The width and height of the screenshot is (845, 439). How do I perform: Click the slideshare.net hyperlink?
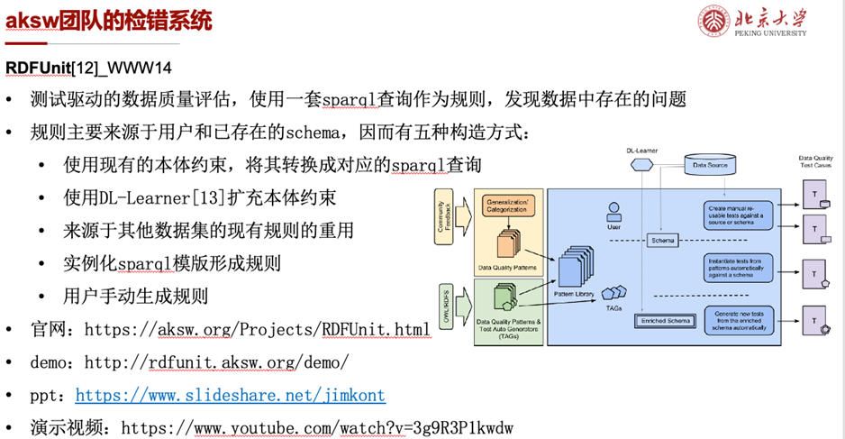230,395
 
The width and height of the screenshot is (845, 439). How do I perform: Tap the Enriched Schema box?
665,321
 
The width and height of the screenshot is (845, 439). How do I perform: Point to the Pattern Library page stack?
574,268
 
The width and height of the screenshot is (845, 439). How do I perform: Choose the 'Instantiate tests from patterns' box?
738,268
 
